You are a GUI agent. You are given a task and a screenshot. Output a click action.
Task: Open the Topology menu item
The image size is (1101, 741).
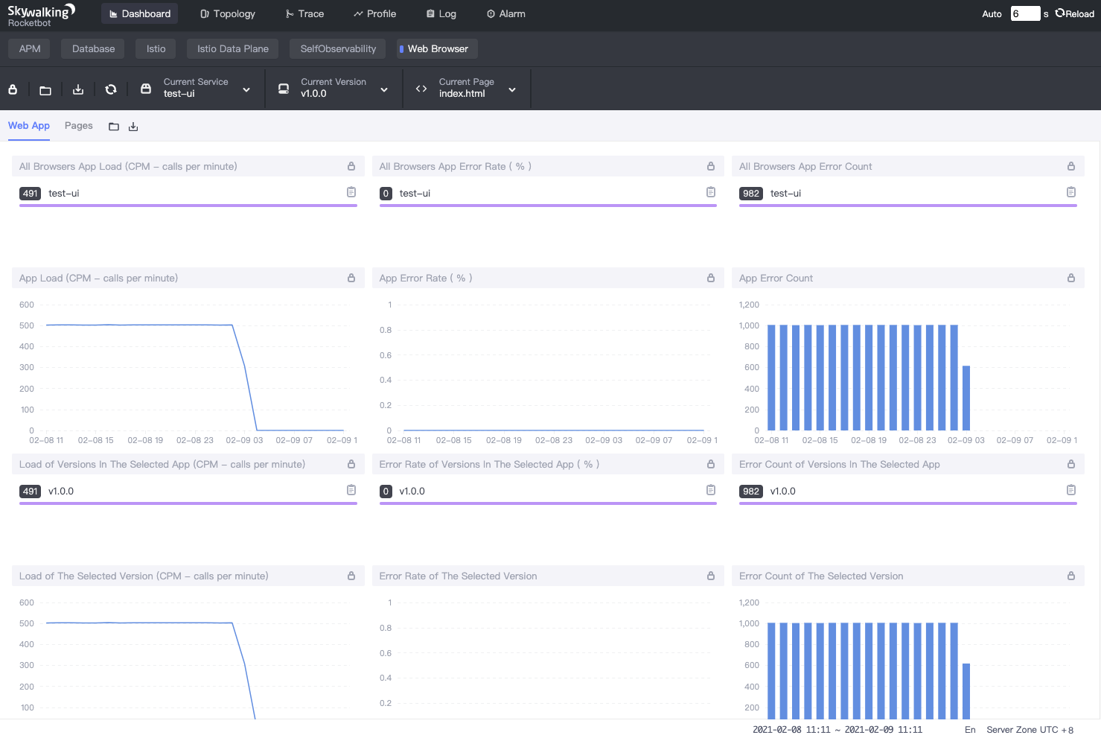[x=228, y=13]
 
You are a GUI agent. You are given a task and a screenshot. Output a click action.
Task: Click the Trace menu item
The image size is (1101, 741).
[x=304, y=13]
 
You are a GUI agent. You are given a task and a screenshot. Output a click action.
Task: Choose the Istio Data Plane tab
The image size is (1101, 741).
[x=232, y=49]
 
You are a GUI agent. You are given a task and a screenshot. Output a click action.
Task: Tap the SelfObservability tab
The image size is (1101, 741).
[x=338, y=49]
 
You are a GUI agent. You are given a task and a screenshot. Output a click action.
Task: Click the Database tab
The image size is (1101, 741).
[x=93, y=49]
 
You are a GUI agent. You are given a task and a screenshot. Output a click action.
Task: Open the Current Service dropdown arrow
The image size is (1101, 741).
[x=246, y=90]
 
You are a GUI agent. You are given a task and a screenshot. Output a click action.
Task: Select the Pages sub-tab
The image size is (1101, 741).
[x=78, y=126]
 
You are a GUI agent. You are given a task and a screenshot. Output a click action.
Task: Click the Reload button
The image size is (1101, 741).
[x=1074, y=13]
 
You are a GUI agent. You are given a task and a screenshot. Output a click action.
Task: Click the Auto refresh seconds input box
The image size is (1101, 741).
[x=1024, y=13]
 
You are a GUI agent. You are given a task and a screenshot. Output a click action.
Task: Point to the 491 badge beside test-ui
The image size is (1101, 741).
[x=30, y=194]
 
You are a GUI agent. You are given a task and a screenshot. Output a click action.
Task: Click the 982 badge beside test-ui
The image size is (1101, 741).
[x=750, y=194]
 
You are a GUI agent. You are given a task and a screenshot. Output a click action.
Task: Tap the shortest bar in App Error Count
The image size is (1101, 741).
[x=966, y=398]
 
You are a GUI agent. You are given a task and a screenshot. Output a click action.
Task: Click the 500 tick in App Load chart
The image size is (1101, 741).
[x=27, y=325]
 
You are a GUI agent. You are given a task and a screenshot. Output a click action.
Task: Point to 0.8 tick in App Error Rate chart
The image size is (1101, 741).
[x=386, y=330]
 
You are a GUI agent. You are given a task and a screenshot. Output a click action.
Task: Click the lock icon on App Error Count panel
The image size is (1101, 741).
[x=1070, y=278]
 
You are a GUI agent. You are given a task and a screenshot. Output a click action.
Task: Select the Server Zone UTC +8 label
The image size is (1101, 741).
[x=1030, y=730]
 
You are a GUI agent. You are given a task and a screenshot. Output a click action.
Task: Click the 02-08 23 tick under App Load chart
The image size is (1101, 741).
[x=194, y=440]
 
